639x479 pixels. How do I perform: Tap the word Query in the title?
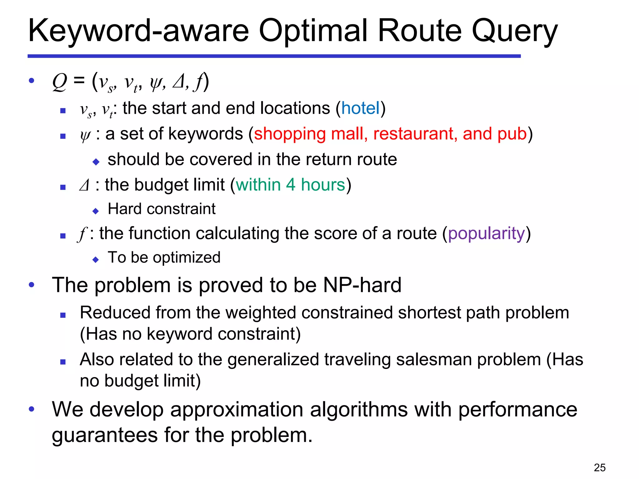(x=514, y=31)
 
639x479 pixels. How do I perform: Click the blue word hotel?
(x=360, y=108)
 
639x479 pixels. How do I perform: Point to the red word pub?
(x=512, y=134)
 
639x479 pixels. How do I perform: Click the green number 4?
(x=290, y=185)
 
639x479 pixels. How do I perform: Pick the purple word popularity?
(x=487, y=233)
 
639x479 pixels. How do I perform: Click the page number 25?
(x=600, y=467)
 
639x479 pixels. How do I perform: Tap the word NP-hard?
(x=362, y=285)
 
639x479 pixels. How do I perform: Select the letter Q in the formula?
(x=60, y=82)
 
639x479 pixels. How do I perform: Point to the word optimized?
(x=187, y=258)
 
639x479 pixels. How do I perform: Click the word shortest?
(x=429, y=313)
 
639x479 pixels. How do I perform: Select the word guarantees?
(x=105, y=435)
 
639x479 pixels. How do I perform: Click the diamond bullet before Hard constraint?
(x=96, y=211)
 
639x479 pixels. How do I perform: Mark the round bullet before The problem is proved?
(x=32, y=285)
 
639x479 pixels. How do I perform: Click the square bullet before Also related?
(x=63, y=362)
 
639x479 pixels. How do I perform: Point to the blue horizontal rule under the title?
(x=274, y=56)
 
